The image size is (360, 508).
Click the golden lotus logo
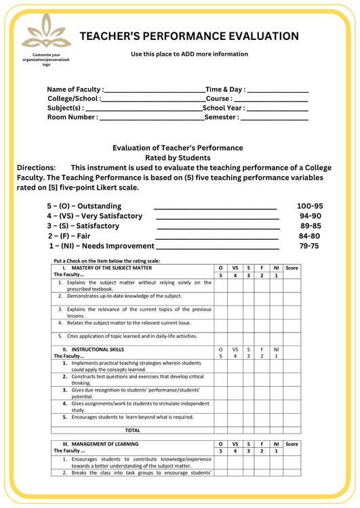point(46,33)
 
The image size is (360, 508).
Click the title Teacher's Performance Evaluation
point(188,36)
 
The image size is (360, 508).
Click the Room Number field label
point(72,117)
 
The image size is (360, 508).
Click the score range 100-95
point(311,206)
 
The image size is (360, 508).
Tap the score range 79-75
point(309,246)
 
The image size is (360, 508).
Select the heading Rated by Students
point(178,158)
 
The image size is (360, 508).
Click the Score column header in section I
point(292,268)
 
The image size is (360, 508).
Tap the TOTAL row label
point(133,429)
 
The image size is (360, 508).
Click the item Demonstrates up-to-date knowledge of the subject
point(124,296)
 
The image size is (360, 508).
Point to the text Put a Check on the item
point(106,261)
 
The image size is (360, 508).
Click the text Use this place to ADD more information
point(189,54)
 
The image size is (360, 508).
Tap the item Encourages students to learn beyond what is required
point(132,417)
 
